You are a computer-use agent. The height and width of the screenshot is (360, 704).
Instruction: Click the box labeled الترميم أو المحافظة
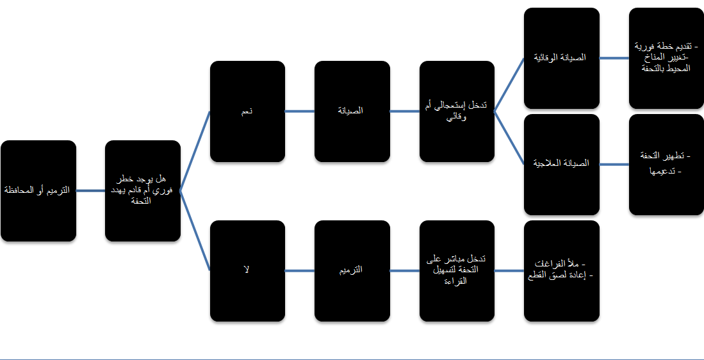click(38, 191)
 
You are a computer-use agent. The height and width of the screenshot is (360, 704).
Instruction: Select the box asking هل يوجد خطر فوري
click(143, 191)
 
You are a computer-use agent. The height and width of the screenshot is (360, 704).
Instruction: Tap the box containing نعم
click(247, 111)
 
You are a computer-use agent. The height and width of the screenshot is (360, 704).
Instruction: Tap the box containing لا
click(247, 270)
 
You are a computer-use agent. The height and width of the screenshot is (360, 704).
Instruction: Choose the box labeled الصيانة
click(352, 111)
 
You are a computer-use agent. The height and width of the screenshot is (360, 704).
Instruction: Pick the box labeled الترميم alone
click(352, 270)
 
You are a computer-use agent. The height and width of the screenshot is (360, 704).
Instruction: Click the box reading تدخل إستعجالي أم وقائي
click(457, 111)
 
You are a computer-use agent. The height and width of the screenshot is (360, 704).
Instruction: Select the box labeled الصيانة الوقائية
click(562, 58)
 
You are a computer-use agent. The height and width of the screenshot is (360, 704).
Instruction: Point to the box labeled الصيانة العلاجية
click(562, 165)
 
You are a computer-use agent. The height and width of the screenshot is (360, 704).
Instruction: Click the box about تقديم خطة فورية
click(666, 58)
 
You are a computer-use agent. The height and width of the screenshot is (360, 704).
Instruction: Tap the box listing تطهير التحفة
click(666, 165)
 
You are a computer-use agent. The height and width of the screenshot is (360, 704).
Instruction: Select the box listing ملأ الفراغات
click(562, 270)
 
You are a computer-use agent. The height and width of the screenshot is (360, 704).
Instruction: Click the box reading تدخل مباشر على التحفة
click(457, 270)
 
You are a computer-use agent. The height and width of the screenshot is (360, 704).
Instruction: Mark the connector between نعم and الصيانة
click(300, 111)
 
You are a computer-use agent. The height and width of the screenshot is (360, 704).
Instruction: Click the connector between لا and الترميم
click(300, 270)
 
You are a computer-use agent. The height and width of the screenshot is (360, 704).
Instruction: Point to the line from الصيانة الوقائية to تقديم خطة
click(614, 58)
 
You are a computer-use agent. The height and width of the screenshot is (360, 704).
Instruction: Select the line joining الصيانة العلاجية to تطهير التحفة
click(614, 165)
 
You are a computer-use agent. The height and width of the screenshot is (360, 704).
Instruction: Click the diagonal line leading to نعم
click(195, 151)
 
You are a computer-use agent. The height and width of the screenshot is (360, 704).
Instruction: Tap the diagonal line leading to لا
click(195, 231)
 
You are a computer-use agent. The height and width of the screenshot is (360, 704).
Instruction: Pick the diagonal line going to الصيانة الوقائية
click(509, 85)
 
